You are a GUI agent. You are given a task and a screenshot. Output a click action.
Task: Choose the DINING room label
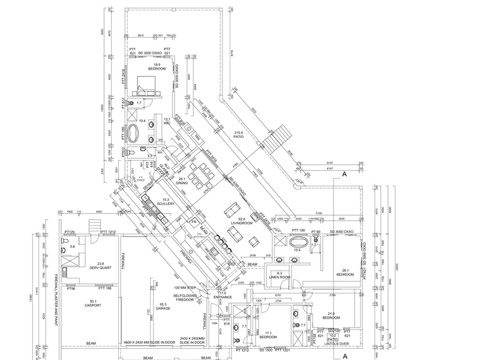(x=181, y=182)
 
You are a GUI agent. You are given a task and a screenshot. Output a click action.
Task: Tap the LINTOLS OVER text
(x=337, y=345)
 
